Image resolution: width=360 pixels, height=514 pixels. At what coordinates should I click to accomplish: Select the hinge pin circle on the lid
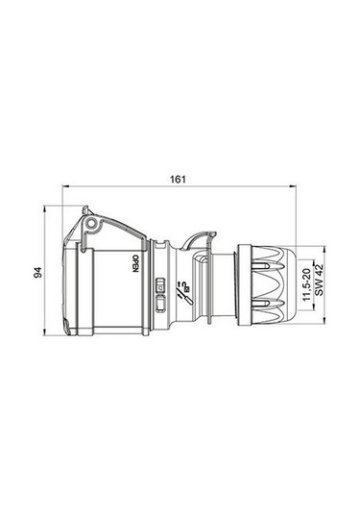coord(91,225)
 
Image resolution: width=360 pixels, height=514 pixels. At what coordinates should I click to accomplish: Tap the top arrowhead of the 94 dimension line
coord(47,208)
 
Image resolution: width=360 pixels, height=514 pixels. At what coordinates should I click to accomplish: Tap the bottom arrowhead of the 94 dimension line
coord(47,336)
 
